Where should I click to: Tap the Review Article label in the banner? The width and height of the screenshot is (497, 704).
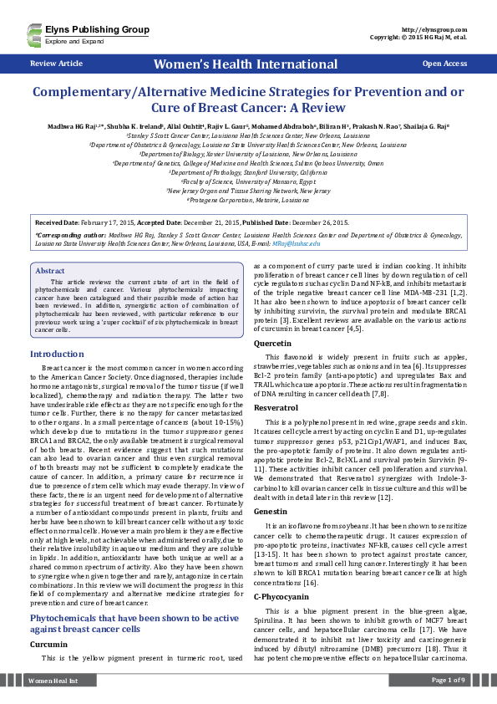(x=56, y=64)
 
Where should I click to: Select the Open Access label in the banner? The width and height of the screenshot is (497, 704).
(x=444, y=64)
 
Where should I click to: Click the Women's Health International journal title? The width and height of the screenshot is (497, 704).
(x=249, y=64)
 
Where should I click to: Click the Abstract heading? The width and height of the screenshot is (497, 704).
(x=50, y=271)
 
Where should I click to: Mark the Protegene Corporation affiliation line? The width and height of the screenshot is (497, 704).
(x=248, y=201)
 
